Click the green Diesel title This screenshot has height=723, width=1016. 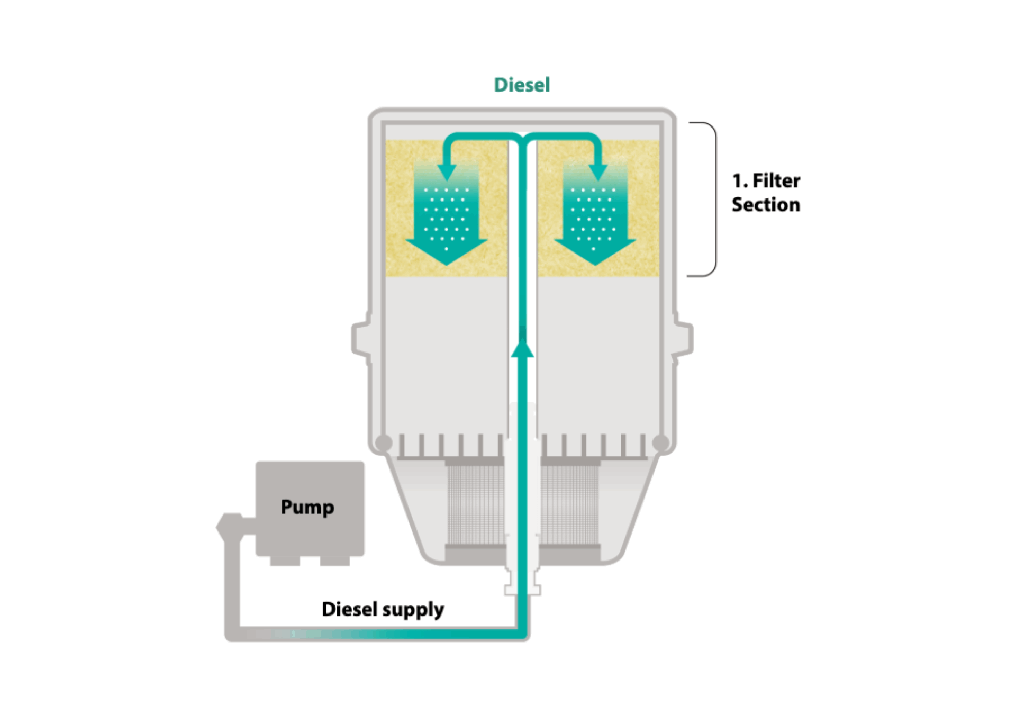coord(522,85)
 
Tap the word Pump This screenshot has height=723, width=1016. coord(307,507)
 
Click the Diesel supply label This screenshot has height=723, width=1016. coord(383,609)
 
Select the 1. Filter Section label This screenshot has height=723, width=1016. coord(766,193)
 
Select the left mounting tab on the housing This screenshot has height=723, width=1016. coord(362,338)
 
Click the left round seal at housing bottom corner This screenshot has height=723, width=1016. coord(384,442)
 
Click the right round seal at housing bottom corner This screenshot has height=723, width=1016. coord(660,442)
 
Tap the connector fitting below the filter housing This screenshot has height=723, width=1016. coord(522,585)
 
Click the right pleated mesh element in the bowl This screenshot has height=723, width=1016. coord(570,505)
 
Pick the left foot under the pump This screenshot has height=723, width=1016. coord(285,561)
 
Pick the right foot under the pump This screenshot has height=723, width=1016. coord(334,561)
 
